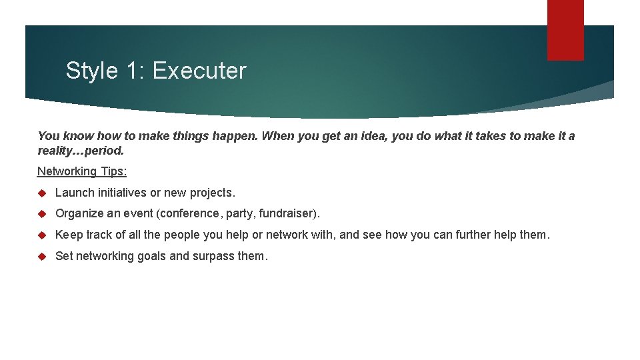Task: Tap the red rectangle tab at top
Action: coord(565,30)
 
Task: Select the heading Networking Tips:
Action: coord(82,171)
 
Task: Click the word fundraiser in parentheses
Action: coord(286,214)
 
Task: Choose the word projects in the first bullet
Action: coord(212,193)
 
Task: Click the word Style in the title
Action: coord(89,71)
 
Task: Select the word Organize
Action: coord(79,214)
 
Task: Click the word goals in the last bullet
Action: coord(145,256)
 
